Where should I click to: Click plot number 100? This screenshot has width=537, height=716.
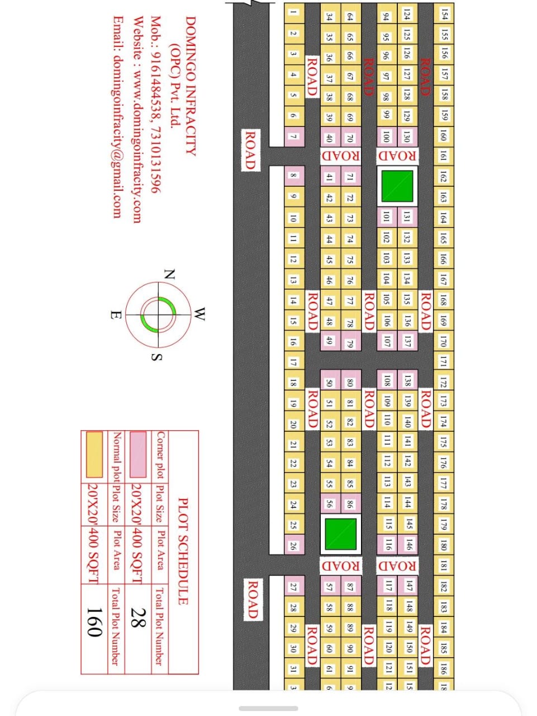(386, 136)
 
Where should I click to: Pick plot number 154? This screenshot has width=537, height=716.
(444, 13)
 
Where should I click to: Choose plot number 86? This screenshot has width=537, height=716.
(350, 504)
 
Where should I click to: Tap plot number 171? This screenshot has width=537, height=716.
(444, 361)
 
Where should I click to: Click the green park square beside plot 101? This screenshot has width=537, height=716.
(397, 186)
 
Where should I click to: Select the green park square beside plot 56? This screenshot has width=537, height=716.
(340, 534)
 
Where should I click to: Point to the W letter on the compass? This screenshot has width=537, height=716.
(199, 314)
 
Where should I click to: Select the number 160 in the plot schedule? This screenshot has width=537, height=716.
(94, 621)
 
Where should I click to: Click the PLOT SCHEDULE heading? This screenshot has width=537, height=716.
(183, 552)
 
